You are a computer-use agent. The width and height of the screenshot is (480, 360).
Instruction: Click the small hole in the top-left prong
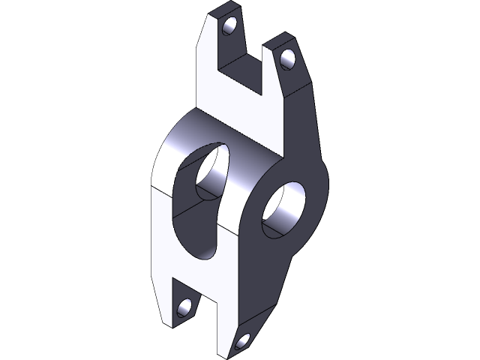[x=229, y=28]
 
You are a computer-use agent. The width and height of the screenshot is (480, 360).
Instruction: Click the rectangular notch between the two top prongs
[x=243, y=71]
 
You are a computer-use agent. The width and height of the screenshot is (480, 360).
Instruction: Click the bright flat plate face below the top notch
[x=240, y=112]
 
